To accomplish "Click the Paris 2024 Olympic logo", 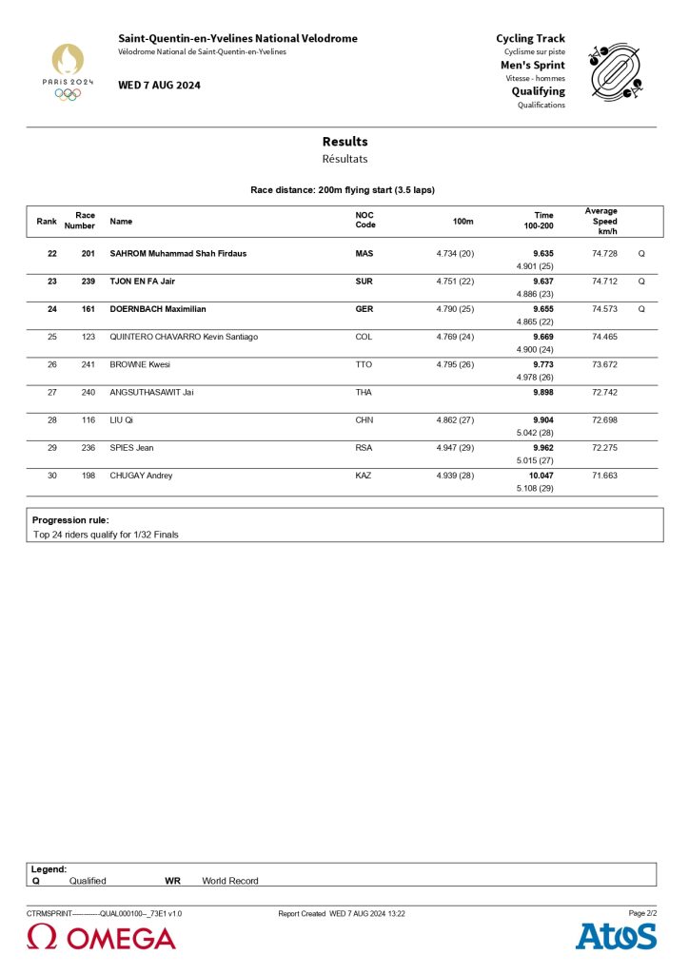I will point(68,70).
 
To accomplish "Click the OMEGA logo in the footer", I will point(102,938).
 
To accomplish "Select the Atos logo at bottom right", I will point(616,936).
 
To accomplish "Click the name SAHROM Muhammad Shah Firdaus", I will point(178,254).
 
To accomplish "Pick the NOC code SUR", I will point(364,282).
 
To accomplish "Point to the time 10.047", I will point(541,476).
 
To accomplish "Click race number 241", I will point(89,364).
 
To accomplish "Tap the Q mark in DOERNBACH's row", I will point(641,309).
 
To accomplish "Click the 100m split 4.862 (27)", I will point(455,419).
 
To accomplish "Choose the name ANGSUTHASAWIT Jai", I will point(151,392).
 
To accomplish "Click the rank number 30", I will point(52,476).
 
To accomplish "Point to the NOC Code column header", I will point(365,221).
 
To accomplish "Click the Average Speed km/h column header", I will point(601,222).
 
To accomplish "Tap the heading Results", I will point(344,142).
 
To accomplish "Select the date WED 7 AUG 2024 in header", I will point(159,86).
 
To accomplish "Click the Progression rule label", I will point(70,520).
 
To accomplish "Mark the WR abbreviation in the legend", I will point(172,881).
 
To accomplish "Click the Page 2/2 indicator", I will point(642,913).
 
